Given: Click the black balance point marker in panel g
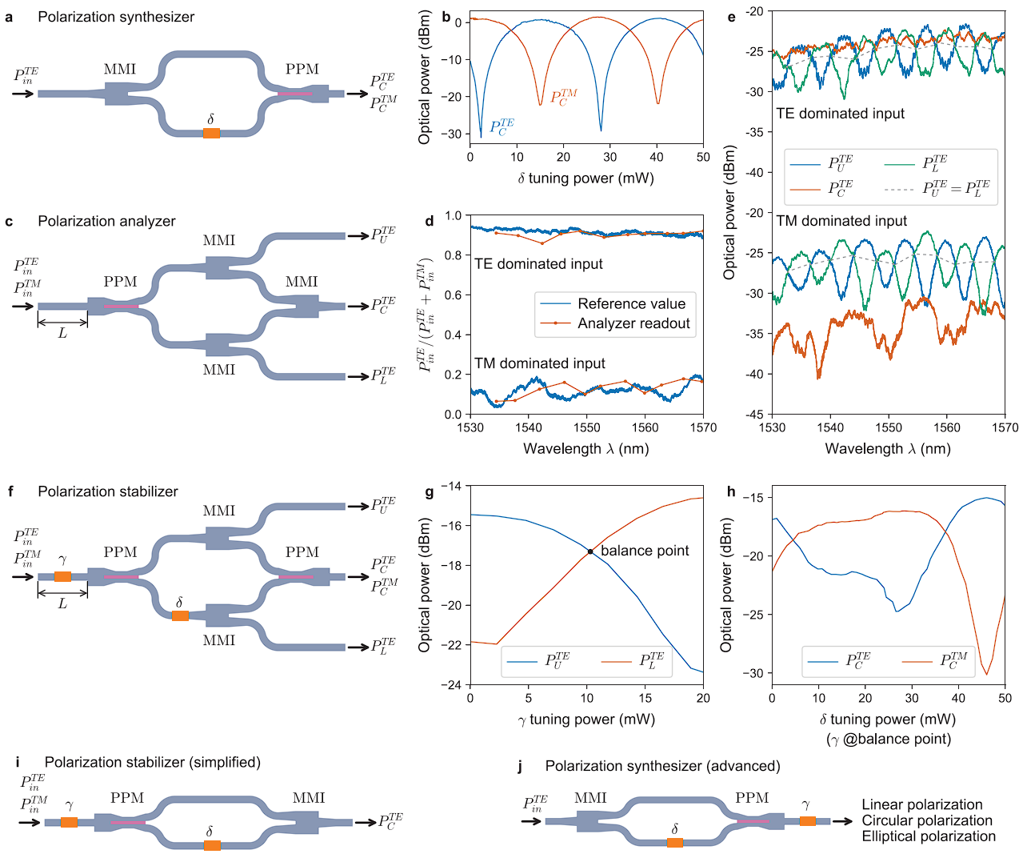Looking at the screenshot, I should tap(590, 551).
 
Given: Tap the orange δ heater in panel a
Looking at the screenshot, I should tap(211, 133).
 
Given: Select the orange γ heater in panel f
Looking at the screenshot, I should tap(62, 576).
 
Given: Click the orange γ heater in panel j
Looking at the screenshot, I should tap(807, 820).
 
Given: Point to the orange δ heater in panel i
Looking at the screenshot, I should tap(212, 845).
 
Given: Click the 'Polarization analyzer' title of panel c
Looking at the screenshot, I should tap(106, 222).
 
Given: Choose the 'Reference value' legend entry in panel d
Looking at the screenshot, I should tap(631, 304).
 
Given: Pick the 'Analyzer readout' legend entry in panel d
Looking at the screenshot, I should tap(633, 323).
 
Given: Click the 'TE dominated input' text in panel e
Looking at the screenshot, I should tap(840, 114).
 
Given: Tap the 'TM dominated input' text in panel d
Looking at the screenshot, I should tap(540, 363).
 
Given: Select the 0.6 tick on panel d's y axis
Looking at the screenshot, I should tap(454, 295).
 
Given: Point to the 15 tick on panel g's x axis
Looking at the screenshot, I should tap(645, 698).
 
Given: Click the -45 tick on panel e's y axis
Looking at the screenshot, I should tap(754, 414).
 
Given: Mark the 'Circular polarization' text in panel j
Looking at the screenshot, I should tap(927, 820).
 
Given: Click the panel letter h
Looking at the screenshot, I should tap(731, 491).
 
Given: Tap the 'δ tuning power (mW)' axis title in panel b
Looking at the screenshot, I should tap(585, 178).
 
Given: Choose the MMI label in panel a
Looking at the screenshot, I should tap(120, 70).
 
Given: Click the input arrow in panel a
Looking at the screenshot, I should tap(24, 94).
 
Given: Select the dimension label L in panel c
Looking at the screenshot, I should tap(62, 333).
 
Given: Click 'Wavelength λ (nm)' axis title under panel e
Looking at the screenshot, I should tap(888, 449).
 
